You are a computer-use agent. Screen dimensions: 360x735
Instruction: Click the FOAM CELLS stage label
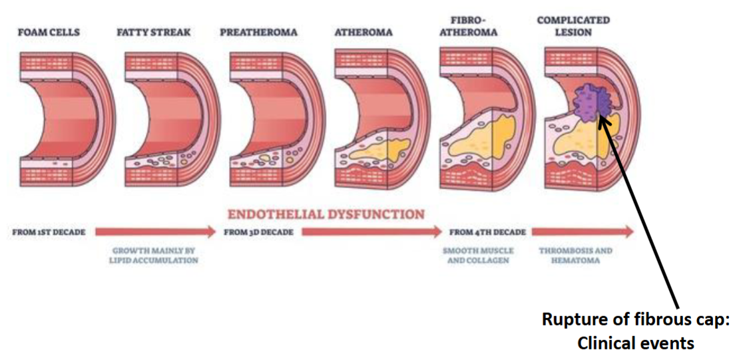(x=48, y=31)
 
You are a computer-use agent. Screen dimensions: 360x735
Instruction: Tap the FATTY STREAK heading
(x=155, y=31)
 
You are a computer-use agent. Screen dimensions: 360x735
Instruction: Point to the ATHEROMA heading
(x=364, y=31)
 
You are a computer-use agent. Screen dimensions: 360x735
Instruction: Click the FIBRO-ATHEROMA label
(x=469, y=26)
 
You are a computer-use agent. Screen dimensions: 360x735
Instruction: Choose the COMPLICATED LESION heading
(x=573, y=26)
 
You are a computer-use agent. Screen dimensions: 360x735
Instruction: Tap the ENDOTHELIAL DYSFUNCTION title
(x=326, y=214)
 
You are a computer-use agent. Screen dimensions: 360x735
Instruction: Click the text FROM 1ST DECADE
(x=49, y=232)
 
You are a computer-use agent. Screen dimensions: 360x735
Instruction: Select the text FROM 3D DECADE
(x=260, y=232)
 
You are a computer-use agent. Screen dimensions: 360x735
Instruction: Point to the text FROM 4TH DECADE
(x=487, y=232)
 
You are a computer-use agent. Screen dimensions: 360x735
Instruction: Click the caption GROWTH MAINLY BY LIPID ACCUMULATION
(x=154, y=256)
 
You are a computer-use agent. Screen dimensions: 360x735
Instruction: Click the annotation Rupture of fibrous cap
(x=635, y=319)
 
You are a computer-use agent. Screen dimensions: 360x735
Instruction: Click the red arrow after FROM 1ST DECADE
(x=156, y=232)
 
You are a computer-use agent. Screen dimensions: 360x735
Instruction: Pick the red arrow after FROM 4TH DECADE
(x=582, y=232)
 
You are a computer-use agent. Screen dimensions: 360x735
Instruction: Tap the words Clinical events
(x=635, y=343)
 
